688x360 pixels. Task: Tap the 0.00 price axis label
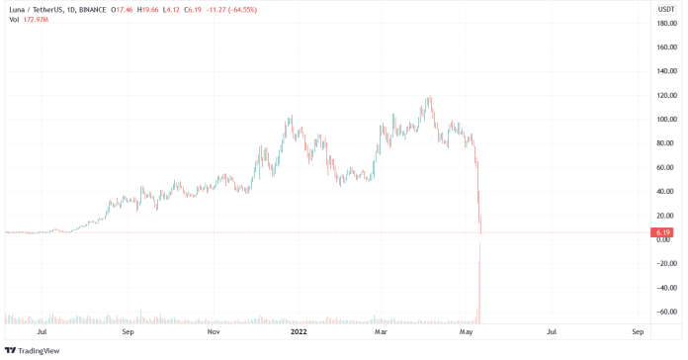click(x=663, y=239)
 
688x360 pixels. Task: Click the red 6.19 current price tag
click(x=662, y=232)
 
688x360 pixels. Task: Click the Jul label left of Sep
click(x=41, y=333)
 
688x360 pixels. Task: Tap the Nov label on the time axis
click(x=214, y=333)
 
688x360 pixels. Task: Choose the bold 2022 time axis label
click(x=298, y=333)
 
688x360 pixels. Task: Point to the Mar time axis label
click(x=383, y=333)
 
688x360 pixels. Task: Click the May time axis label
click(x=468, y=333)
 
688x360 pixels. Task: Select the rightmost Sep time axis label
click(x=638, y=333)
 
